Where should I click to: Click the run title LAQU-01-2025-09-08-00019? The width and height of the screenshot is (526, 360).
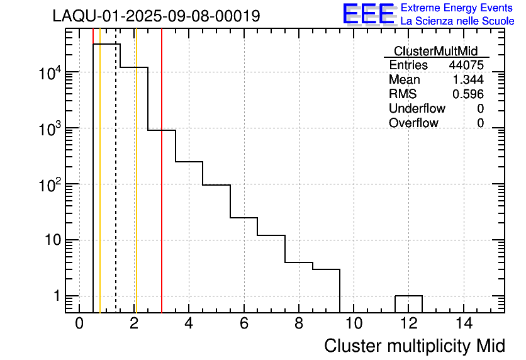pos(156,16)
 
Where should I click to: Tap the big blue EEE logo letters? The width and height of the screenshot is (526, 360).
pos(368,14)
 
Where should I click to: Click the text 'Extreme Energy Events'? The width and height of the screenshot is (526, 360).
pos(457,8)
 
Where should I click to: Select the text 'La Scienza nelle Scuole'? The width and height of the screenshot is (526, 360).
pos(457,21)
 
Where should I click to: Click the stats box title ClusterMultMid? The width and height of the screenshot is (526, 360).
pos(435,51)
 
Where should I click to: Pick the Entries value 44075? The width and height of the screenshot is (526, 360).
pos(466,65)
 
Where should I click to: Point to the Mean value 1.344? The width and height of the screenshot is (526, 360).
pos(468,80)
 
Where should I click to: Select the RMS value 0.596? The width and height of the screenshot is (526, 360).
pos(468,94)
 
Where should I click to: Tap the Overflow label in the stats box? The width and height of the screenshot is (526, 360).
pos(413,123)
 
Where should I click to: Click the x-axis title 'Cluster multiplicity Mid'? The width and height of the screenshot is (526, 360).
pos(414,346)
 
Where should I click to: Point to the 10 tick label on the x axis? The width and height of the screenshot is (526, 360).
pos(354,323)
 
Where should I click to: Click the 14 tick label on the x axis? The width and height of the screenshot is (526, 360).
pos(464,323)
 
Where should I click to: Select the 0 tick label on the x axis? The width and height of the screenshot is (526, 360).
pos(79,323)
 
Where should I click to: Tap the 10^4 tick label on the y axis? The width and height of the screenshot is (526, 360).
pos(49,74)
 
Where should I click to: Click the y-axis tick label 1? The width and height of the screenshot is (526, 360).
pos(56,296)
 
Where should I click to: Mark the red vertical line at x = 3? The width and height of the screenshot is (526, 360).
pos(162,189)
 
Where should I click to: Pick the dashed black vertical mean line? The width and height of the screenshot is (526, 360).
pos(116,189)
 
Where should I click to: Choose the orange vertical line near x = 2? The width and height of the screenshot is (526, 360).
pos(136,189)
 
